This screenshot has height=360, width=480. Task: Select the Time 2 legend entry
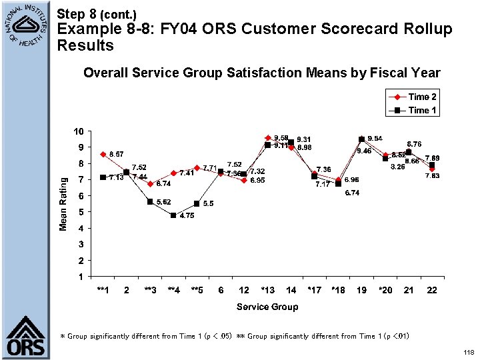tap(423, 97)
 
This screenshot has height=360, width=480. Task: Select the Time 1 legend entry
tap(423, 110)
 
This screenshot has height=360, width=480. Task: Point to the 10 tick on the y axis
tap(79, 131)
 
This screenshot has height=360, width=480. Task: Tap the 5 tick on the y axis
tap(81, 212)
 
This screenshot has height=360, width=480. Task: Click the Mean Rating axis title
tap(63, 204)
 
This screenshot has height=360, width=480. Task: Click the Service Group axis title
tap(267, 307)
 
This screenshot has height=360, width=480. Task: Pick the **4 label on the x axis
tap(173, 290)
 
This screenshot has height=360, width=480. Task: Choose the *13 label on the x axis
tap(267, 290)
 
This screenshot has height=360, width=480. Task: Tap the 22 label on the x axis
tap(432, 290)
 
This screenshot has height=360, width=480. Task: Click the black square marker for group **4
tap(173, 215)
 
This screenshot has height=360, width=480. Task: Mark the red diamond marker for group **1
tap(103, 154)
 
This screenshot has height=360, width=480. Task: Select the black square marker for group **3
tap(150, 201)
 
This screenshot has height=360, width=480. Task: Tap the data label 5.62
tap(163, 201)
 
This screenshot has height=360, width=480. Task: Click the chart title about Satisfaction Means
tap(261, 73)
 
